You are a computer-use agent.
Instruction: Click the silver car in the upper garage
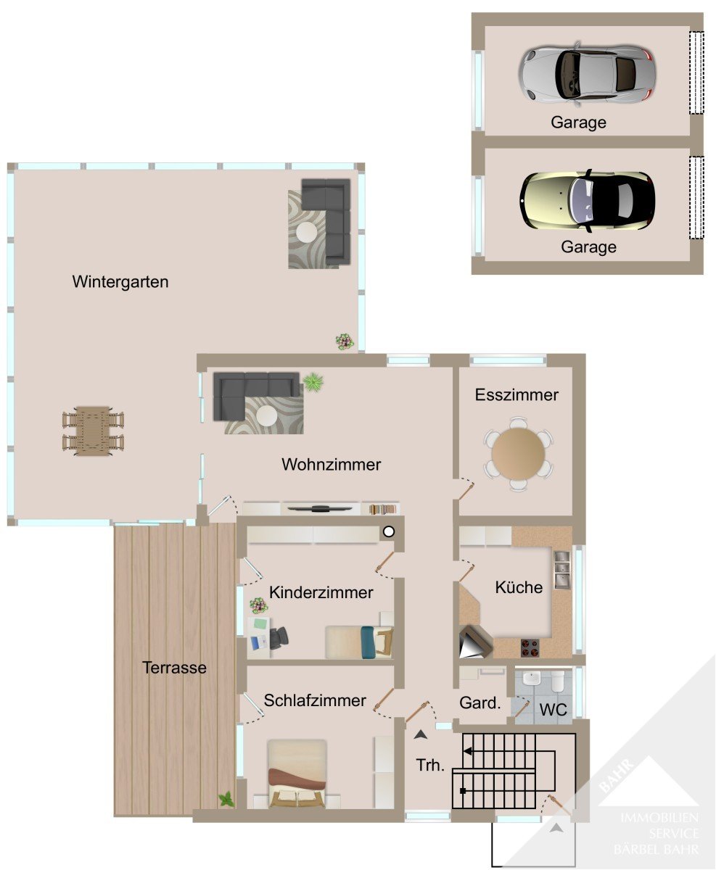tap(586, 74)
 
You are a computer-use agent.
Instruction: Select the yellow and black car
tap(588, 201)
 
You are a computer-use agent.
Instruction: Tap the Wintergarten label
tap(120, 282)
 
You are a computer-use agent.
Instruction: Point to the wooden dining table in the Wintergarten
tap(94, 431)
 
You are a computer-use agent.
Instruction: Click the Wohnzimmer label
tap(331, 465)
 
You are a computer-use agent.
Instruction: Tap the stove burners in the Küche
tap(530, 647)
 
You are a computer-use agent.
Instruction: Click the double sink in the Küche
tap(561, 570)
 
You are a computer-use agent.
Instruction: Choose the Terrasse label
tap(174, 668)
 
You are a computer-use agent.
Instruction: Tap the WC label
tap(553, 710)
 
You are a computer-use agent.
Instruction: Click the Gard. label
tap(480, 703)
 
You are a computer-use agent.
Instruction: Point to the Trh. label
tap(430, 765)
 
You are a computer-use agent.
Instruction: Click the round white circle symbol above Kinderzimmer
tap(388, 531)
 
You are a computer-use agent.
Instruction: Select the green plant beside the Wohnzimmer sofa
tap(313, 382)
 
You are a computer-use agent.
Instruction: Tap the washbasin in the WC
tap(531, 679)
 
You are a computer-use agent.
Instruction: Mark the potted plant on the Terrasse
tap(226, 799)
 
